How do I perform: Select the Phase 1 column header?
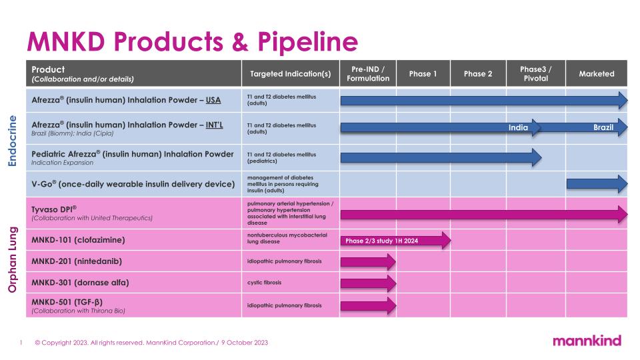click(423, 74)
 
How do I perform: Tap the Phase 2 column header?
click(478, 74)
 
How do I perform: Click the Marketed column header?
click(597, 74)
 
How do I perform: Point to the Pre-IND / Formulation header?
click(368, 74)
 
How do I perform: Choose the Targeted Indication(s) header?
click(290, 74)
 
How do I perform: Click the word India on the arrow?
click(518, 127)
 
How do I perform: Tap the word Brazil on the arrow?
click(603, 127)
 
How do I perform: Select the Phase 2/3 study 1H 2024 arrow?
click(393, 241)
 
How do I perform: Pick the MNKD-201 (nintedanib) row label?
click(77, 261)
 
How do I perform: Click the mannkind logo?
click(587, 341)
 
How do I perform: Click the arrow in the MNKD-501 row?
click(368, 305)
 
